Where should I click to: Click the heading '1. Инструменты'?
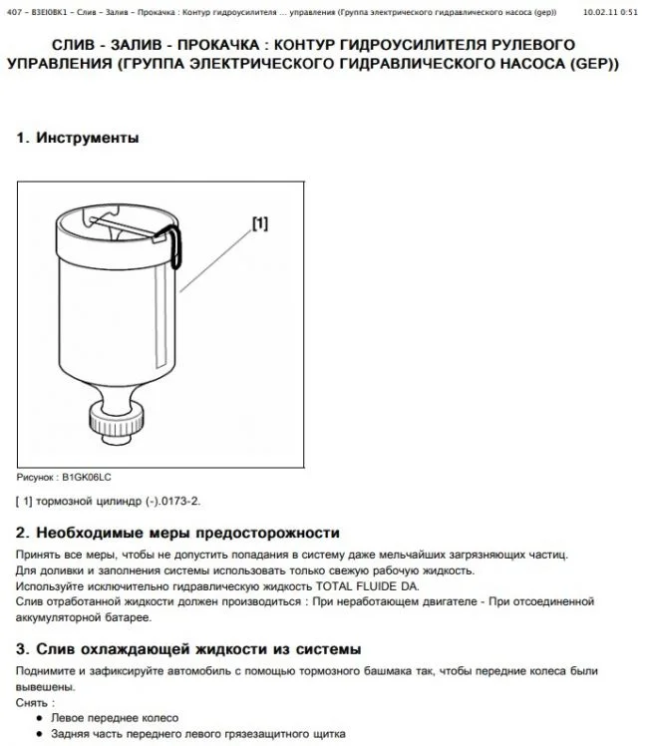77,139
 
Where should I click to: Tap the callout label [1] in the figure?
259,224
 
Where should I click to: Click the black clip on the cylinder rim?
172,244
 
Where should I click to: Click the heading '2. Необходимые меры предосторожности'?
177,534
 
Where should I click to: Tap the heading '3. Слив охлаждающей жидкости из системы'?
188,649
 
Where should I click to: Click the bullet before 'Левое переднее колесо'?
38,718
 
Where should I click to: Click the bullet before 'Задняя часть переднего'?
38,735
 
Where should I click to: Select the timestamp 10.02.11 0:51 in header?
610,11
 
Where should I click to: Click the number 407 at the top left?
14,11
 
